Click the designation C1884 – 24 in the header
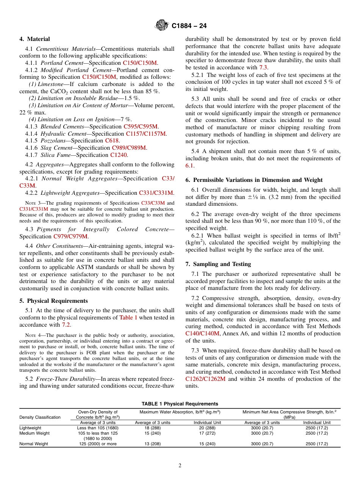click(x=189, y=26)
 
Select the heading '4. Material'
click(x=34, y=39)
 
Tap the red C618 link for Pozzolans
click(x=112, y=141)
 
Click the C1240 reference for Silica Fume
click(x=119, y=155)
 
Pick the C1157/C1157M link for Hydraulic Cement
click(x=146, y=134)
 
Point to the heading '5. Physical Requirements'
click(x=53, y=301)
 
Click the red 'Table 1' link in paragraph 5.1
click(x=128, y=318)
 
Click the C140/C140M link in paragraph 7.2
click(x=202, y=333)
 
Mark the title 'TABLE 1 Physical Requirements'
click(x=180, y=404)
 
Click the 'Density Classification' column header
click(x=40, y=417)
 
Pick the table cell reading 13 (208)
click(x=153, y=444)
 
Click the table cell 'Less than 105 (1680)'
click(x=98, y=428)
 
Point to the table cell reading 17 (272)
click(x=207, y=433)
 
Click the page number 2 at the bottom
click(x=180, y=466)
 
